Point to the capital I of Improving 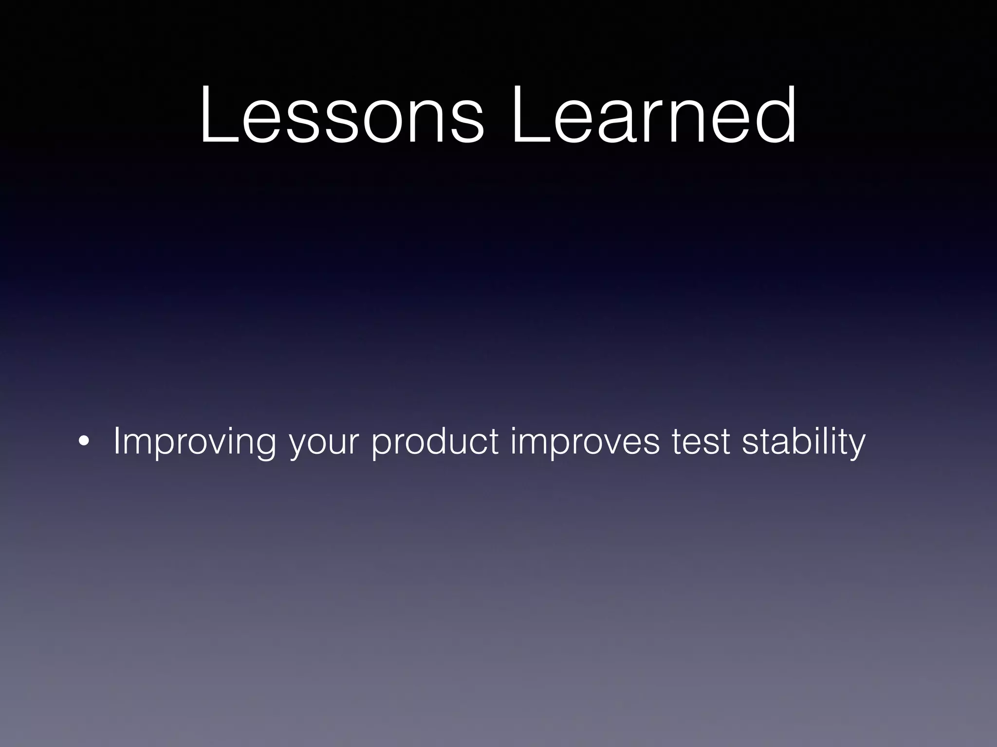116,441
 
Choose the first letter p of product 383,445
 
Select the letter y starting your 297,445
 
